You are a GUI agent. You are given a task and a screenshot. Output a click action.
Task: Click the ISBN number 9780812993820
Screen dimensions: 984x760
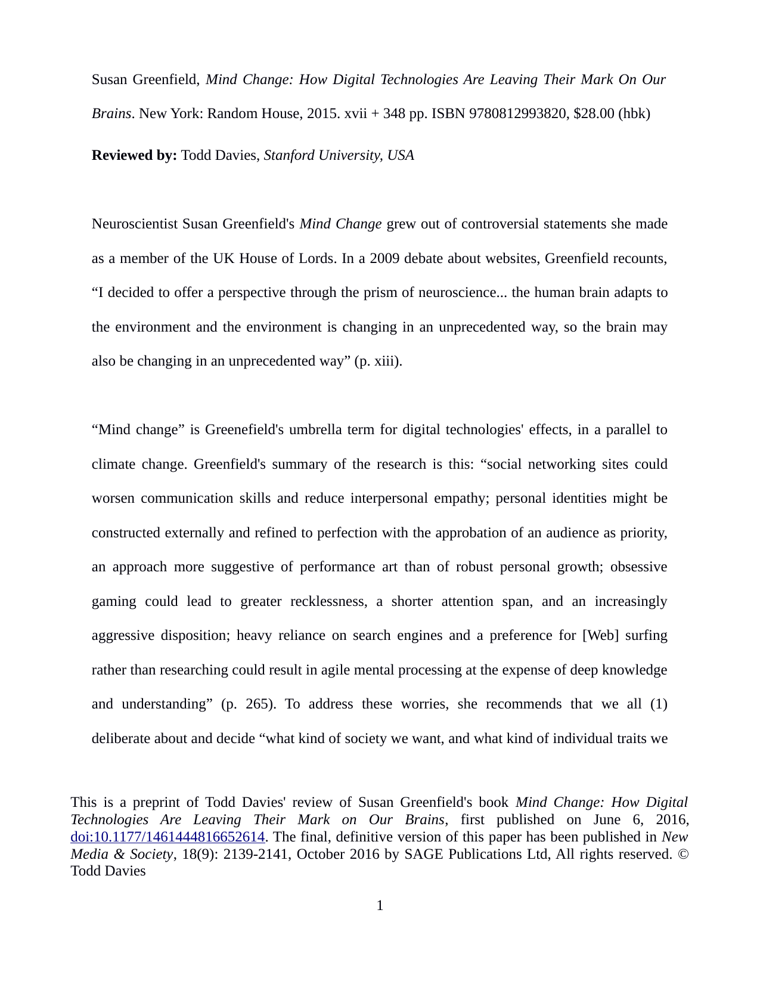pos(517,113)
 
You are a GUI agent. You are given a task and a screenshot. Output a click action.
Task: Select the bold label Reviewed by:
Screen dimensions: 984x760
pos(134,155)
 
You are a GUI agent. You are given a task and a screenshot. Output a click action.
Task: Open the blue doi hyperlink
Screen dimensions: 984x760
pos(167,837)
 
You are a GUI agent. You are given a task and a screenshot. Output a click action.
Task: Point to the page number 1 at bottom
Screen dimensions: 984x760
pos(380,905)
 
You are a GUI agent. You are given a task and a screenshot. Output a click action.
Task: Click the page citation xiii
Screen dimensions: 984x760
pos(385,361)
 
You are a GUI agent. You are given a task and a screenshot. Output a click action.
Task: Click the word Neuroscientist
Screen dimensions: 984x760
pos(135,224)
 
